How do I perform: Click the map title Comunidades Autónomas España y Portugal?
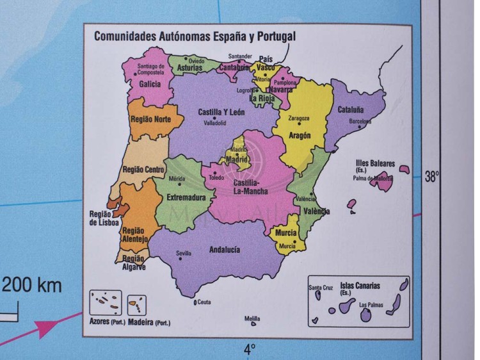click(x=195, y=36)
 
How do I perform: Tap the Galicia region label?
click(x=150, y=84)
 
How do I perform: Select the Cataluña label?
click(x=351, y=110)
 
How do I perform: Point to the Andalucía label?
click(x=225, y=249)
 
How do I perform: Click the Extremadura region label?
click(x=186, y=198)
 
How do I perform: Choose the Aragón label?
click(x=300, y=136)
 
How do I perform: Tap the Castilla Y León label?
click(x=222, y=112)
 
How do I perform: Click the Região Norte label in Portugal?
click(x=150, y=119)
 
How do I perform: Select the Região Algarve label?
click(x=134, y=263)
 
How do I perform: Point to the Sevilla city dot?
click(x=184, y=259)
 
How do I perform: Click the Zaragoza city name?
click(x=299, y=119)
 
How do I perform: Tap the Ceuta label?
click(x=204, y=302)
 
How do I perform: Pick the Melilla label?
click(x=252, y=318)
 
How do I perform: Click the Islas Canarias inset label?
click(x=356, y=287)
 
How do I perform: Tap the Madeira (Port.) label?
click(x=149, y=322)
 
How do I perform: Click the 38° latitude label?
click(x=432, y=177)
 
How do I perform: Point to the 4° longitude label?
click(x=250, y=349)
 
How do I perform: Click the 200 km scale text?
click(x=33, y=285)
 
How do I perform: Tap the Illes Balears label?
click(x=375, y=164)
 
